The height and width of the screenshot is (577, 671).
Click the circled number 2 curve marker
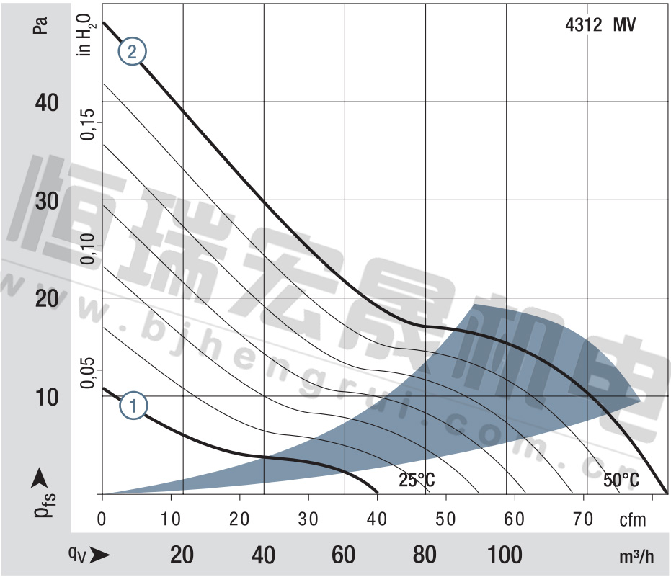(x=133, y=52)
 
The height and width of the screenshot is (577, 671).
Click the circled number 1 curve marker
(x=133, y=406)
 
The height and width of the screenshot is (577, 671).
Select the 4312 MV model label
(x=600, y=24)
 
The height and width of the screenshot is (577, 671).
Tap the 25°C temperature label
(x=417, y=480)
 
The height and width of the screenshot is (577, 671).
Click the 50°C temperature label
(x=621, y=480)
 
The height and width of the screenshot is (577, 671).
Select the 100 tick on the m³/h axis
(x=505, y=555)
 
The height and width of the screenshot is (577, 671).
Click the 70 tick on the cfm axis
(x=583, y=518)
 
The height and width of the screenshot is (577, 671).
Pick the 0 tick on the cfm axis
(x=102, y=518)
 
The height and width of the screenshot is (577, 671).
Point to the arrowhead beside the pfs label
(x=41, y=477)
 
